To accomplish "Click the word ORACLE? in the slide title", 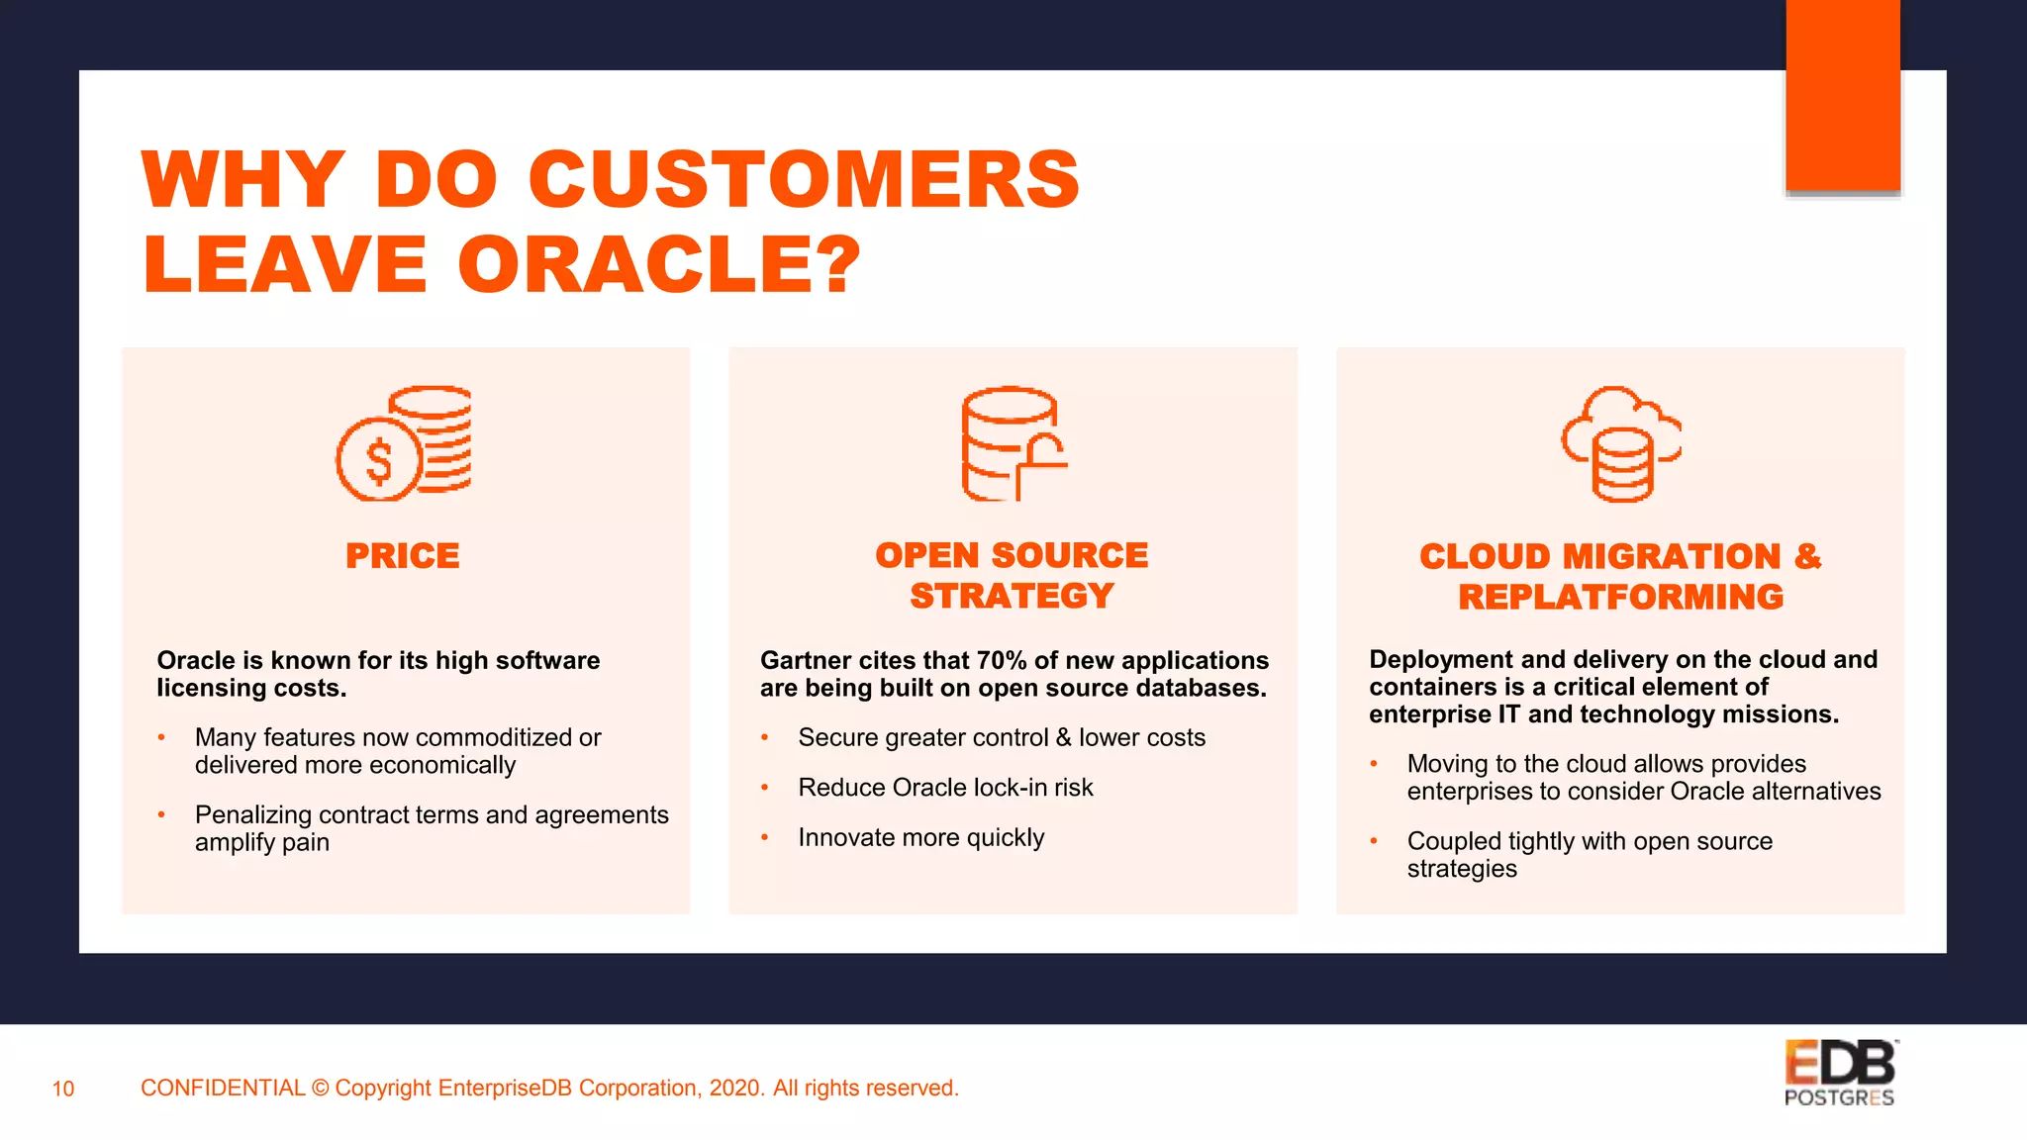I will pos(659,264).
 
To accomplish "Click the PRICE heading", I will pos(403,556).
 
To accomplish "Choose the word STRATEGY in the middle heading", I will pos(1012,596).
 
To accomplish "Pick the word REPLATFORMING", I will pos(1620,597).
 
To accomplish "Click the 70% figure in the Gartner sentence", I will pos(1002,660).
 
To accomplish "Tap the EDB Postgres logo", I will pos(1840,1073).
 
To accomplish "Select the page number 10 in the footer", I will pos(63,1089).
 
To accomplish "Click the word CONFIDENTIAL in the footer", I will pos(223,1088).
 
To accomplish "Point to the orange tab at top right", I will pos(1843,95).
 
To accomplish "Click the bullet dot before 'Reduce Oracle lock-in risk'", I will pos(765,788).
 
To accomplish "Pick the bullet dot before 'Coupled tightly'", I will pos(1374,841).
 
